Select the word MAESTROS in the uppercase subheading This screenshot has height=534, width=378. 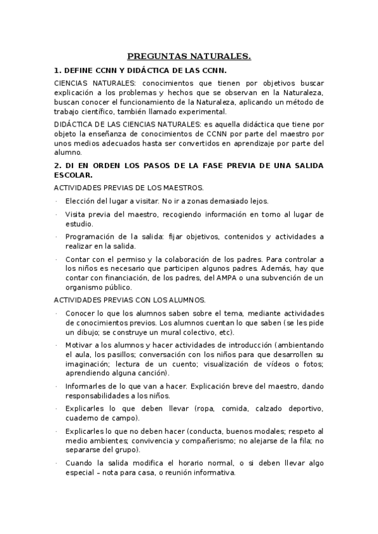pos(183,188)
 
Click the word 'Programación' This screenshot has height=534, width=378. pos(89,237)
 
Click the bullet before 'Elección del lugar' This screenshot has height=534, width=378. pos(56,202)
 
